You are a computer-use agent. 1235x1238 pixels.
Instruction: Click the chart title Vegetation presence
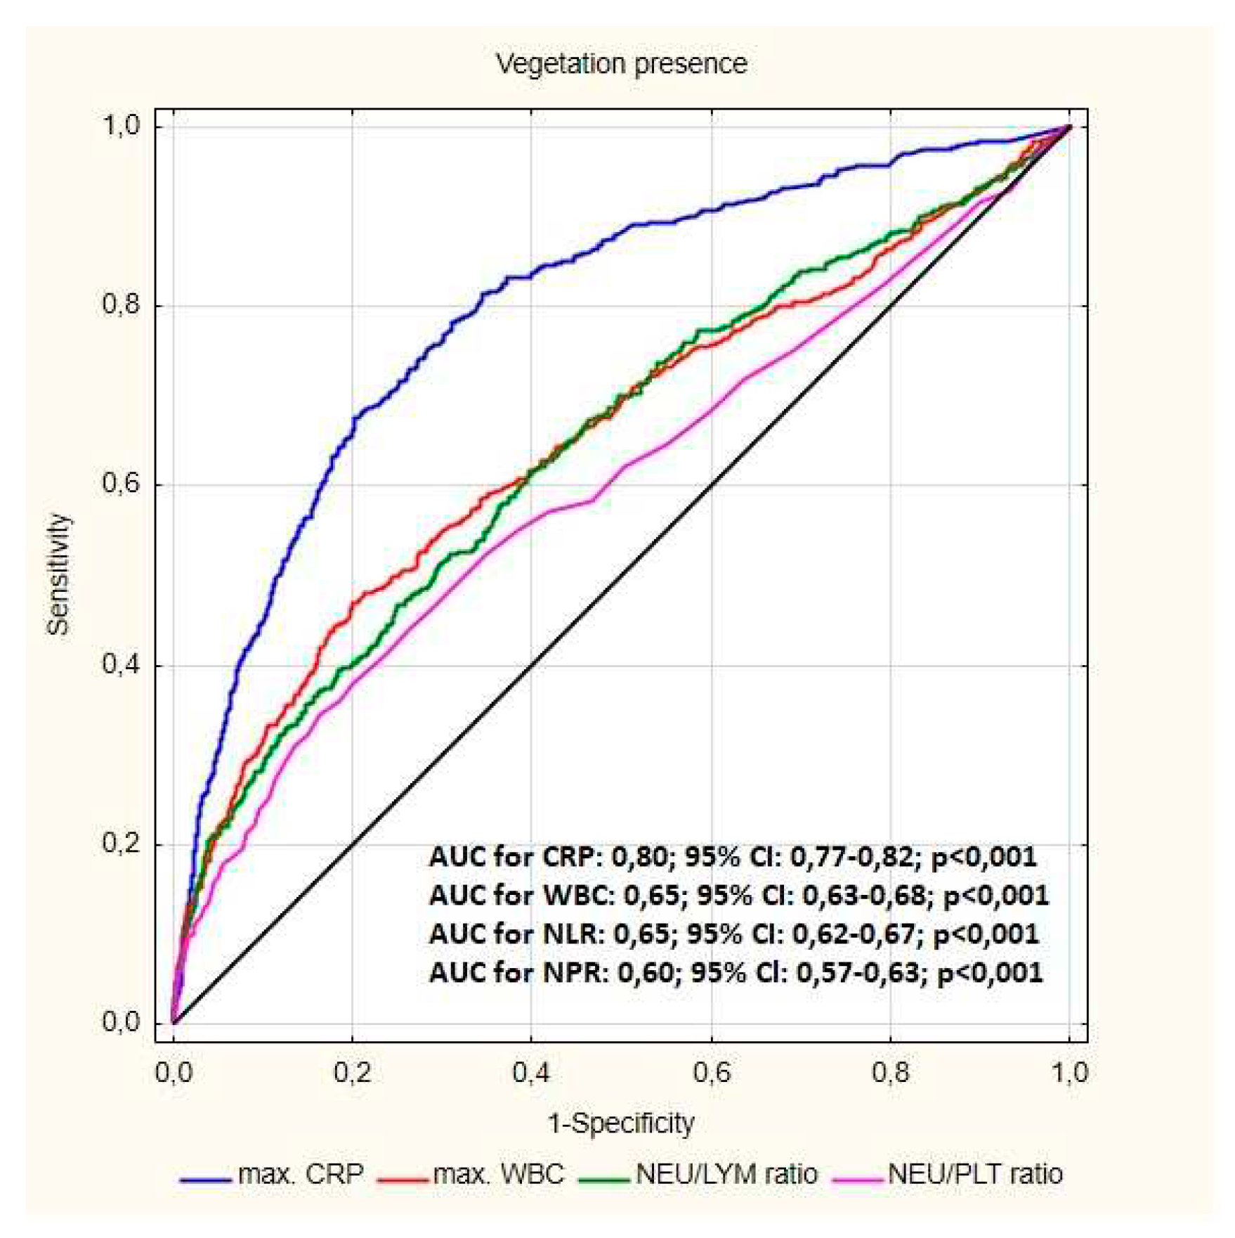[621, 64]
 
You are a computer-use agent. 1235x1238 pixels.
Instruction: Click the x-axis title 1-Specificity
[621, 1123]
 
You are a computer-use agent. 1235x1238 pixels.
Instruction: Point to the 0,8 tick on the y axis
[121, 305]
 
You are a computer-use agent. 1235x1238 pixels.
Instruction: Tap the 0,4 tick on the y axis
[121, 664]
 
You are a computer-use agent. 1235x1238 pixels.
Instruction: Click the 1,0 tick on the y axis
[121, 127]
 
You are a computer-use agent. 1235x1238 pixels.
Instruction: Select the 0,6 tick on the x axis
[712, 1073]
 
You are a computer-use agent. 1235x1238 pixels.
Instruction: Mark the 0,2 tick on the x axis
[352, 1073]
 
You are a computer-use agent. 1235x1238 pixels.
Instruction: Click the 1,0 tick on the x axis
[1069, 1073]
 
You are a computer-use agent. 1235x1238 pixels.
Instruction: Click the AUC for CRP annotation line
[733, 857]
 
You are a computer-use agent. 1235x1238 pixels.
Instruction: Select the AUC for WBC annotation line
[738, 896]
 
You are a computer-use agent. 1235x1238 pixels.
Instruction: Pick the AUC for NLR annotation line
[733, 934]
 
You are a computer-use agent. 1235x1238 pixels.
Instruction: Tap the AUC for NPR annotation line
[736, 973]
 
